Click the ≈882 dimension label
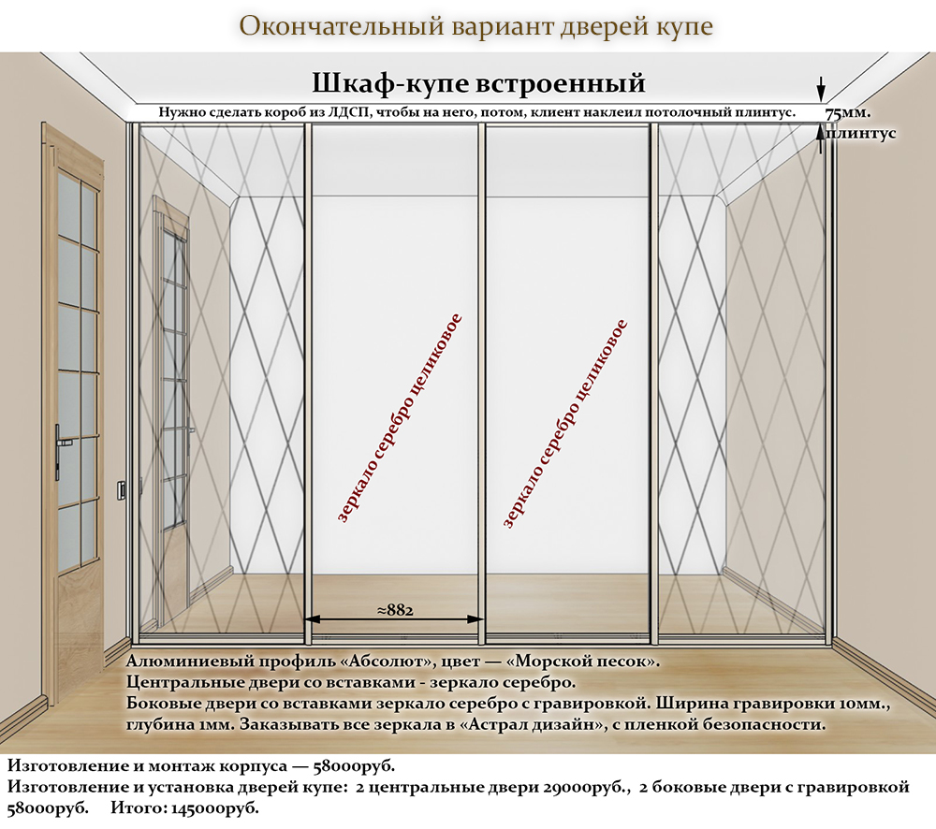(395, 610)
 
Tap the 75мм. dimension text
(848, 113)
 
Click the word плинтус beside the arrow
(861, 135)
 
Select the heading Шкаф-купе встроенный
(478, 83)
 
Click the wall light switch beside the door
(123, 490)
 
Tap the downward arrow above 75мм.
(822, 89)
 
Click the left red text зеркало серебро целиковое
(400, 418)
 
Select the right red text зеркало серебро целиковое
(565, 423)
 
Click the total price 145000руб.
(215, 809)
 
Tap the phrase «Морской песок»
(588, 662)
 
